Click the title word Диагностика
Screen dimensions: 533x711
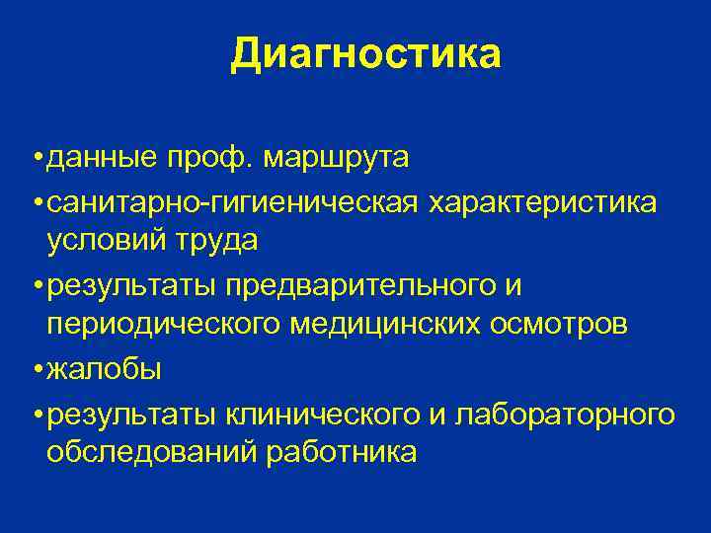pos(365,54)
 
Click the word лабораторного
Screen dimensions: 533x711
pos(565,416)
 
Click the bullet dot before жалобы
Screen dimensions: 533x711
pos(36,371)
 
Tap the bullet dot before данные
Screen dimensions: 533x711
pos(36,158)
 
